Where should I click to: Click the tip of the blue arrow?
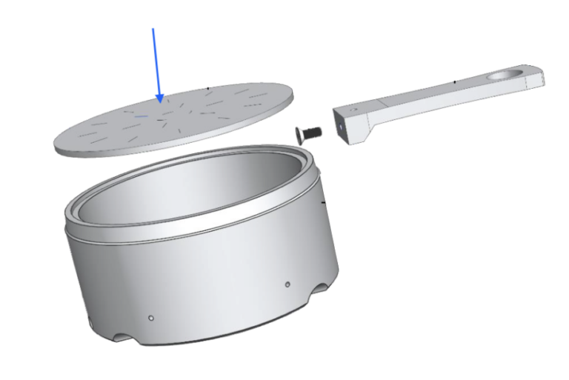159,101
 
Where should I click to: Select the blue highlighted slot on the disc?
142,116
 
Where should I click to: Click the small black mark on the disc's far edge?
208,87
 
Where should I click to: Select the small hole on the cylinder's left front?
150,317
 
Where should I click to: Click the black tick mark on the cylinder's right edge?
324,201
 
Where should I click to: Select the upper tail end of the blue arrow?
153,29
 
